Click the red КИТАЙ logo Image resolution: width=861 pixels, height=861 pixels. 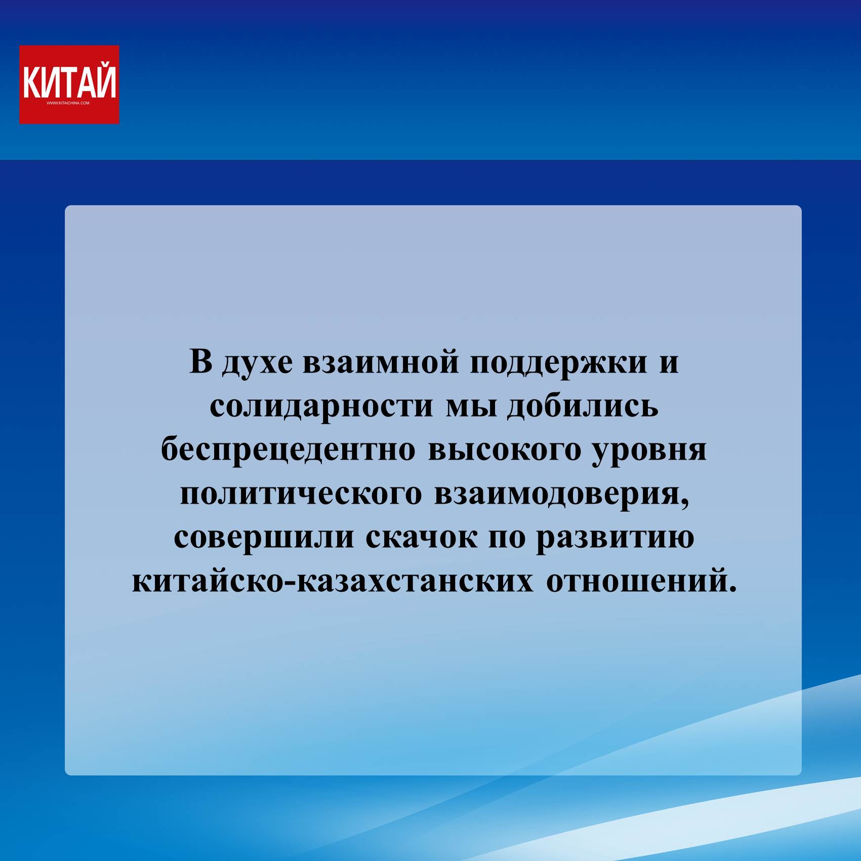pyautogui.click(x=69, y=85)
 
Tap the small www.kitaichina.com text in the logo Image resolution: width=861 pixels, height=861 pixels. pyautogui.click(x=68, y=103)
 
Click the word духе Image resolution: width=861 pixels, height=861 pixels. pyautogui.click(x=257, y=363)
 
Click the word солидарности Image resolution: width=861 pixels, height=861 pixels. pyautogui.click(x=322, y=408)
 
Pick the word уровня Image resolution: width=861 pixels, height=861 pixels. pyautogui.click(x=649, y=452)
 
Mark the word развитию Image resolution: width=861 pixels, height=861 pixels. pyautogui.click(x=615, y=539)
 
